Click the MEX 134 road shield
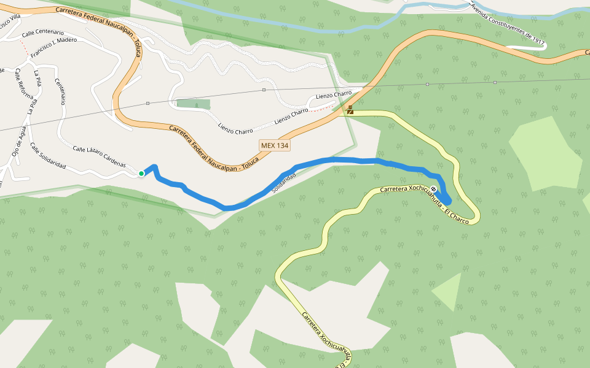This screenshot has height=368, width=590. coord(274,145)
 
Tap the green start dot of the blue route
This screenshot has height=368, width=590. coord(141,174)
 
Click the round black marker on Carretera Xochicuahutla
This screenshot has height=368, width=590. coord(434,188)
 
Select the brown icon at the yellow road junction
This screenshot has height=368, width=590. coord(350,110)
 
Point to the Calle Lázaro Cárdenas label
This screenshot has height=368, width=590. coord(99,157)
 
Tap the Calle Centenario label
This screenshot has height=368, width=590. coord(42,32)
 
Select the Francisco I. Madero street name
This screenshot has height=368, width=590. coord(53,48)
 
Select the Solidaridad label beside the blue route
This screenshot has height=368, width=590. coord(285,183)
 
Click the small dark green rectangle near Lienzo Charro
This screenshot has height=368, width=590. coord(193,103)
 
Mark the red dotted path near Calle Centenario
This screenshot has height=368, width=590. coord(23,46)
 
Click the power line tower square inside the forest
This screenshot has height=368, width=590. coord(427,83)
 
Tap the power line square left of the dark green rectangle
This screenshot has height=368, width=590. coord(147,103)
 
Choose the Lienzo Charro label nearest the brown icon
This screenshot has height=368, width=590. coord(334,96)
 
